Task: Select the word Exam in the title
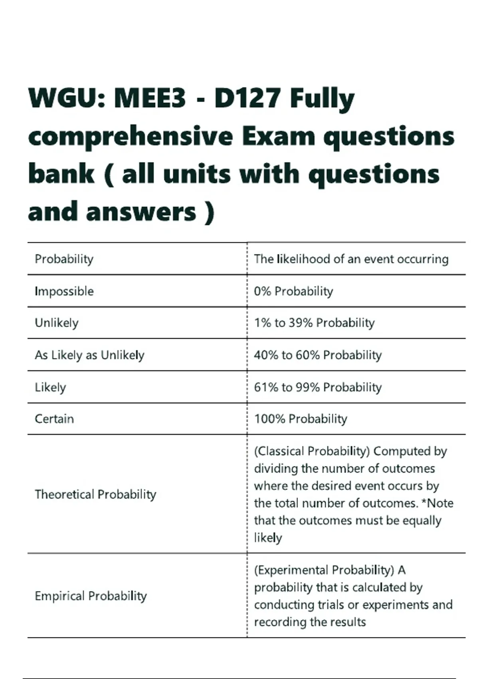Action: (279, 137)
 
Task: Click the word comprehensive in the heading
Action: (131, 137)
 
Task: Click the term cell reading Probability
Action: (64, 259)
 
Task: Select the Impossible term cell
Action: (64, 291)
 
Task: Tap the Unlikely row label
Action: (57, 323)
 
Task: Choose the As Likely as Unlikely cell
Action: (89, 355)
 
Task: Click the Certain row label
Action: (54, 419)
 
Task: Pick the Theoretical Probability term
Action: (95, 494)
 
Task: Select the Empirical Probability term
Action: (91, 596)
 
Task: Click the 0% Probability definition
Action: (293, 291)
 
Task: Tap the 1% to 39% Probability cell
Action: (314, 323)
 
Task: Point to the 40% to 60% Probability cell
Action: (318, 355)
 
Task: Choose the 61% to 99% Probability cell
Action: (318, 387)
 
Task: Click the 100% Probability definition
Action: (301, 419)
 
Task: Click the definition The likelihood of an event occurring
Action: (351, 259)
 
